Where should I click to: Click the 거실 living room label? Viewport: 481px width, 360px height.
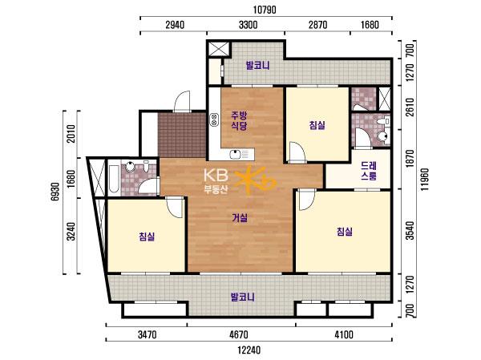point(240,218)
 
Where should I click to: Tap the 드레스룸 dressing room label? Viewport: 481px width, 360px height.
point(369,171)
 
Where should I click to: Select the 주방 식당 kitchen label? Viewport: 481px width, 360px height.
point(239,120)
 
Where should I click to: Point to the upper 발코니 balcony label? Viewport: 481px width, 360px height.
point(257,66)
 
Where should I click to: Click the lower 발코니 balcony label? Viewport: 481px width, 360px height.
point(243,297)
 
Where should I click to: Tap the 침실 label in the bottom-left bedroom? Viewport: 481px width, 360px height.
point(147,237)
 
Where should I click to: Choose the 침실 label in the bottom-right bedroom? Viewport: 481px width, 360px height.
point(345,232)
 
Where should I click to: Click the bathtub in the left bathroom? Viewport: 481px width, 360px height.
point(114,180)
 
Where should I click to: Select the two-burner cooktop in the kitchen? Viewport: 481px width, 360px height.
point(214,119)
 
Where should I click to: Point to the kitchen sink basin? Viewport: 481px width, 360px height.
point(235,154)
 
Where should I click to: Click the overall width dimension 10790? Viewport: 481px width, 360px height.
point(265,10)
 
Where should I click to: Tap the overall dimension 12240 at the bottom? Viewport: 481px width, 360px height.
point(249,350)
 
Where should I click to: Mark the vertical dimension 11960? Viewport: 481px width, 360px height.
point(425,180)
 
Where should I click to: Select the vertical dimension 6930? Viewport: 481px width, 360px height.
point(55,192)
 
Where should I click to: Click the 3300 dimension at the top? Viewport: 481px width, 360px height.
point(249,25)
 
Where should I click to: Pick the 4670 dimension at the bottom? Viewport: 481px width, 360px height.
point(239,334)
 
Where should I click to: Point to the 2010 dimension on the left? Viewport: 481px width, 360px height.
point(71,134)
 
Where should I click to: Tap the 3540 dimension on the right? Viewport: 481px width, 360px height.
point(410,231)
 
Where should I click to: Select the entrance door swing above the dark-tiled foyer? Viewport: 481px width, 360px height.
point(182,101)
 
